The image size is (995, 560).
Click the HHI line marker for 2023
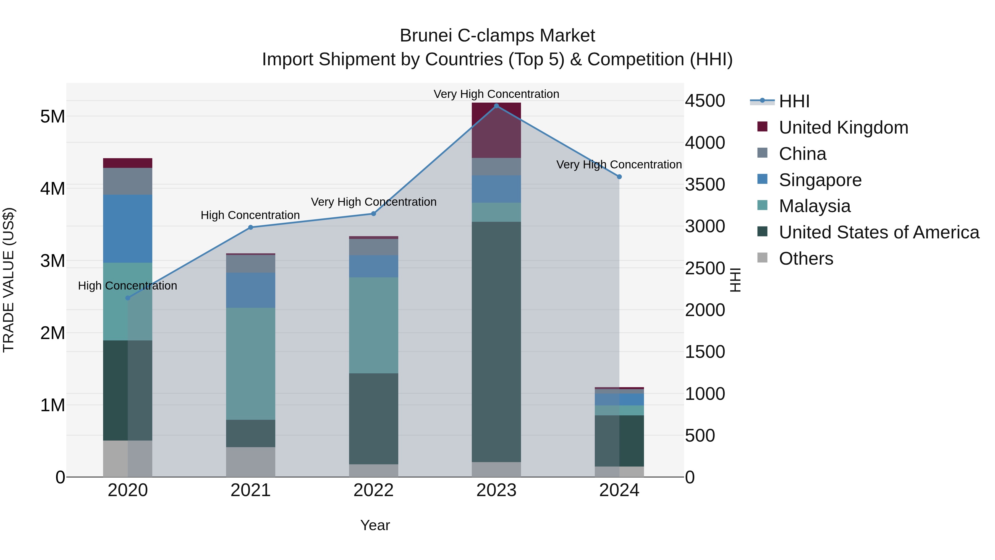496,106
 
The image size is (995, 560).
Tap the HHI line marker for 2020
128,298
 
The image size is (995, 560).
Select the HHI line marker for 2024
619,177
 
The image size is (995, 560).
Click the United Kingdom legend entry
843,127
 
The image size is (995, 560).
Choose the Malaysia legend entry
814,206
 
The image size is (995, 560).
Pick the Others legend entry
806,259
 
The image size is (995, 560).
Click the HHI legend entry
794,101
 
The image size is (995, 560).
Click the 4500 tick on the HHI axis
705,101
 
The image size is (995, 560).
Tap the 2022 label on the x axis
373,490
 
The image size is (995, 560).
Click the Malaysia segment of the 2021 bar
250,363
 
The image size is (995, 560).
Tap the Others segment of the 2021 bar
250,462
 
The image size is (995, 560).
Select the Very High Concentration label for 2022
373,202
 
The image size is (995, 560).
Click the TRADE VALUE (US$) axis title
9,280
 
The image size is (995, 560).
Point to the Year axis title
375,525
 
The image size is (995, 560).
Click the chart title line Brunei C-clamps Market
497,36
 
